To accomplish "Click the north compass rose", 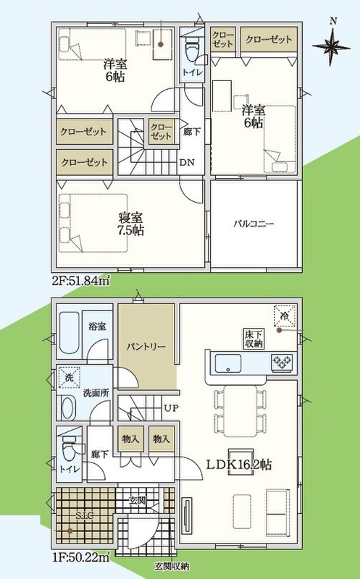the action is pos(332,46).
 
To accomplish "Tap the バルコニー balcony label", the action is pos(254,224).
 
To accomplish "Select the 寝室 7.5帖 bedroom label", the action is pos(130,224).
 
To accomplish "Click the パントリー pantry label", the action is pos(146,347).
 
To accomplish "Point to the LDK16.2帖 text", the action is pos(239,464).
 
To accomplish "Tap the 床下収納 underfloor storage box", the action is pos(254,339).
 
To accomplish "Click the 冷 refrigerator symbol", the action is pos(285,316).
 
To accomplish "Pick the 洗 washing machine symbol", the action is pos(69,377).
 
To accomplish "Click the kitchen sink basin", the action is pos(228,363).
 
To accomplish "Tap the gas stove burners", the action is pos(282,362).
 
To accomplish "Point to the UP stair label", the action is pos(171,408).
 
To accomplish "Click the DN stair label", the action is pos(187,162).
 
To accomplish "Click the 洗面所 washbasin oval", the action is pos(67,408).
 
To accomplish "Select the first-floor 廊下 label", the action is pos(100,455).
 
